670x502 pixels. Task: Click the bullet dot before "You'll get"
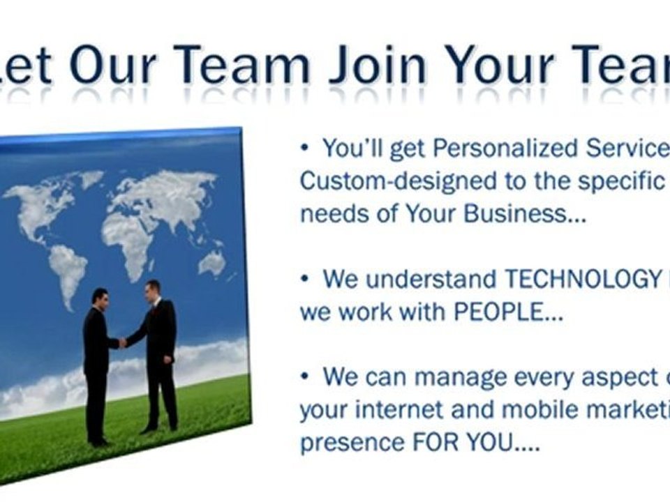(x=305, y=149)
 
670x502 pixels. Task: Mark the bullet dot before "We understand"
(x=305, y=279)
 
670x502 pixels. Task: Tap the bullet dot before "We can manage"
(x=305, y=377)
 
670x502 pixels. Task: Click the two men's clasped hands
(x=123, y=342)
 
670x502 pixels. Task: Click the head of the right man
(x=153, y=288)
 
